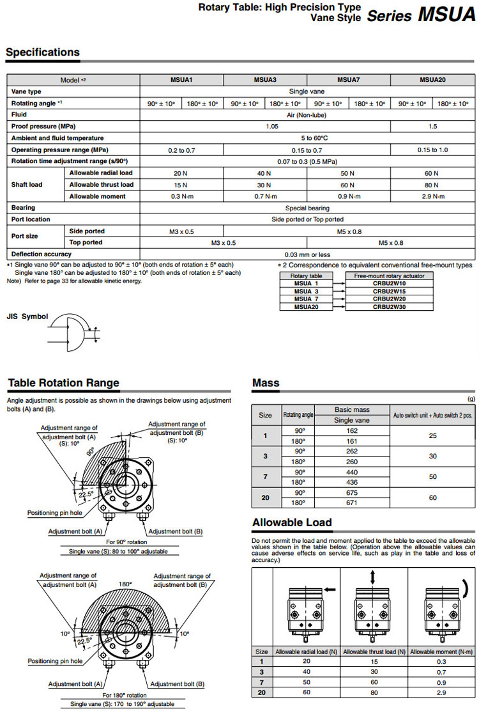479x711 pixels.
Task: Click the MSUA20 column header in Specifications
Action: pos(432,80)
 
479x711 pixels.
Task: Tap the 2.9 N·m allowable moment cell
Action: pos(432,196)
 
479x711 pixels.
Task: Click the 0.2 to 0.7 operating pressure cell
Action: pos(181,150)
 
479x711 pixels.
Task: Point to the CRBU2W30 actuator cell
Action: pos(389,307)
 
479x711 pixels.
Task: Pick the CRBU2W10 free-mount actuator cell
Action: pos(389,283)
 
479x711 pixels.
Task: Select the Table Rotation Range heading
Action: pos(63,383)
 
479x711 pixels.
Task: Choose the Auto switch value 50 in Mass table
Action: pos(433,477)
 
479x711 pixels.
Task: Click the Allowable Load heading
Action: pos(292,522)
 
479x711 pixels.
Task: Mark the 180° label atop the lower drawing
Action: pos(125,584)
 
